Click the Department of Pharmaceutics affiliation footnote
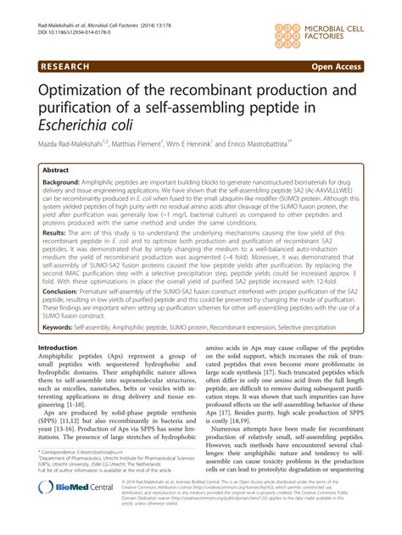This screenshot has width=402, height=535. tap(110, 486)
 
